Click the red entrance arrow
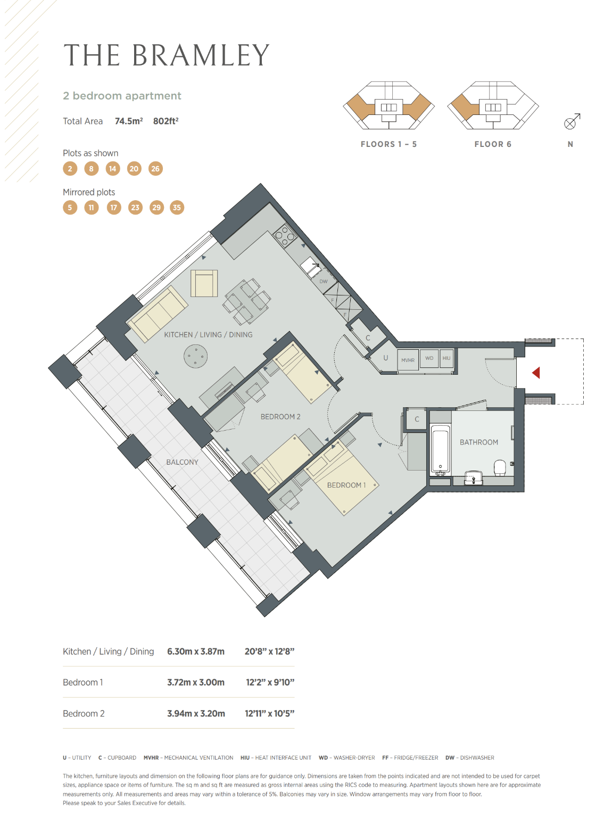pos(536,373)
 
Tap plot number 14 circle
pos(112,169)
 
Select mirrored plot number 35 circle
pos(177,208)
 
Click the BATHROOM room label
pos(479,442)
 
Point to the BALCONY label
pos(182,462)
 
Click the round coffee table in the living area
pos(196,356)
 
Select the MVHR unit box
pos(408,360)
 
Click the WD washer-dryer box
pos(429,358)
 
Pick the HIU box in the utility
pos(446,358)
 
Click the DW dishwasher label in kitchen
pos(323,281)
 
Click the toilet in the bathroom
pos(500,467)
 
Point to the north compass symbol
pos(572,121)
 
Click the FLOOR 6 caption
pos(493,144)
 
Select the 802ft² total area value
pos(166,121)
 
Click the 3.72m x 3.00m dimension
pos(196,682)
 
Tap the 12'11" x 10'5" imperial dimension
pos(270,713)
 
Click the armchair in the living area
pos(204,283)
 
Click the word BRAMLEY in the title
pos(201,55)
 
